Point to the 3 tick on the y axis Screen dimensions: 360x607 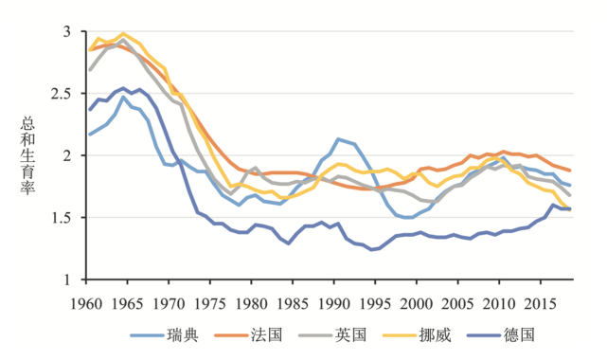pyautogui.click(x=66, y=31)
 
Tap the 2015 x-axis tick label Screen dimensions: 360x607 pyautogui.click(x=541, y=302)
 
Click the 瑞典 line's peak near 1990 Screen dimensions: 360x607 pyautogui.click(x=337, y=139)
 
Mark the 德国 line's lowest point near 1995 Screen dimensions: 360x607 pyautogui.click(x=371, y=250)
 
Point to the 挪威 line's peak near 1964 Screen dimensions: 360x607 pyautogui.click(x=123, y=33)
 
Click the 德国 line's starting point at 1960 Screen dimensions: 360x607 pyautogui.click(x=90, y=110)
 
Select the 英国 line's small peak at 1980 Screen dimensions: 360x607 pyautogui.click(x=255, y=168)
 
